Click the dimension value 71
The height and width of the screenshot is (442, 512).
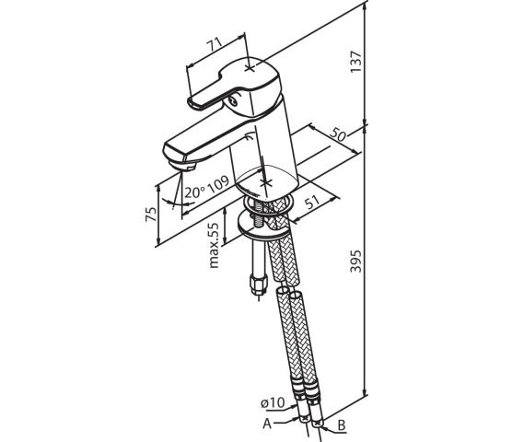215,44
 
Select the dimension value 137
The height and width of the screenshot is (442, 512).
356,62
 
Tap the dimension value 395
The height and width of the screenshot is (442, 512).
356,261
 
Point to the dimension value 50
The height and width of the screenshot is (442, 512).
338,134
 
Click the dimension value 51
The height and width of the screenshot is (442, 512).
313,204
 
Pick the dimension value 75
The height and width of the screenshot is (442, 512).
151,214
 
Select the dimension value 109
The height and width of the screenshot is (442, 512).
218,185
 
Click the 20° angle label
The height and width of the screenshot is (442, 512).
194,192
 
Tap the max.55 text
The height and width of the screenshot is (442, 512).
214,245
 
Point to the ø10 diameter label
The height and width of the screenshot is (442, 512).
273,402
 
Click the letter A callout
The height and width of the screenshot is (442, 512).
267,424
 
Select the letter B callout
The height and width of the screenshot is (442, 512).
342,425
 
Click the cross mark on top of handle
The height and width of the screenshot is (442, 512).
250,68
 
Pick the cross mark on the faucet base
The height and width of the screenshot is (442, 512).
266,182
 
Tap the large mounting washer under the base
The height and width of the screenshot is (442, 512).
263,226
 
